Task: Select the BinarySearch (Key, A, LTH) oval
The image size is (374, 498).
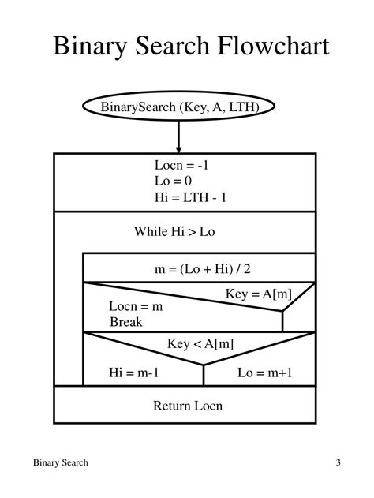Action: [x=178, y=107]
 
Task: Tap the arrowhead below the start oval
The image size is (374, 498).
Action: [x=179, y=148]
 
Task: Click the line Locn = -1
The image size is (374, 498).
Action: [x=181, y=166]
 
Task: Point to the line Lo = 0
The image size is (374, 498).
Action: [x=174, y=182]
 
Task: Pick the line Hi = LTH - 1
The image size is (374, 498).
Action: [x=190, y=198]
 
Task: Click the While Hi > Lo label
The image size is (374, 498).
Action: [x=174, y=231]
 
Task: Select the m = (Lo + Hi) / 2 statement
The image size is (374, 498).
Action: [x=202, y=269]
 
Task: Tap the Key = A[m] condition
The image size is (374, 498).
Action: [x=259, y=294]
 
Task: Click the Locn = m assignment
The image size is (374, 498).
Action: [x=136, y=306]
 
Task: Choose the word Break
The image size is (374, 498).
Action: [x=126, y=322]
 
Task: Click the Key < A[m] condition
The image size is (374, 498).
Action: [x=200, y=343]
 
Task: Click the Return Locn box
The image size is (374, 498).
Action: [x=188, y=406]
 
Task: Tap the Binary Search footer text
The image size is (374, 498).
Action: [x=61, y=462]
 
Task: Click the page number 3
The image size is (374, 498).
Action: [x=337, y=462]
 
